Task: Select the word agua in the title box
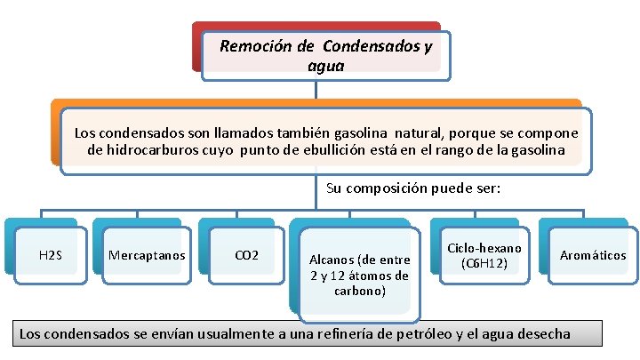tap(324, 65)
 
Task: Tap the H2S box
tap(51, 256)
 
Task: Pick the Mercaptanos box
tap(147, 256)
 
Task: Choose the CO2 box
tap(246, 256)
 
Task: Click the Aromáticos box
tap(593, 256)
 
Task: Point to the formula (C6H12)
tap(484, 263)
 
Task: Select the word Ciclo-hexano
tap(484, 248)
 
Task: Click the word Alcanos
tap(330, 260)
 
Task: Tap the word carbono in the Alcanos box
tap(359, 291)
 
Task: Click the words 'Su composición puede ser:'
tap(413, 188)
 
